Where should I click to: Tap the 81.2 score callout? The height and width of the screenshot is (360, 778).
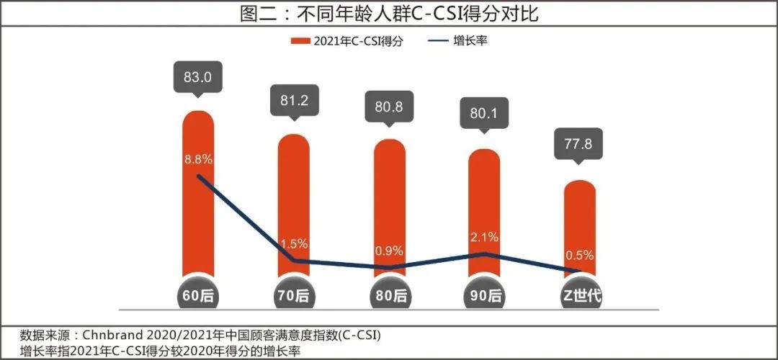(x=293, y=102)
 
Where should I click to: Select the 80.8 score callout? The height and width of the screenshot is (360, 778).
(x=389, y=105)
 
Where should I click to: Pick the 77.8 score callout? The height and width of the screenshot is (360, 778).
(x=579, y=145)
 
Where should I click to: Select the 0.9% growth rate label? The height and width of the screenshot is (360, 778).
(x=389, y=252)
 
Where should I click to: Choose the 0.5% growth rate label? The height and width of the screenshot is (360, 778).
(x=579, y=255)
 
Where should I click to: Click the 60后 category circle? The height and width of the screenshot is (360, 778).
(x=198, y=295)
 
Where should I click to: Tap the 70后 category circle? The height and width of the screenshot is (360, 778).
(x=293, y=295)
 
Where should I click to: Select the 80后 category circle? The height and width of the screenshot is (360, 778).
(x=389, y=295)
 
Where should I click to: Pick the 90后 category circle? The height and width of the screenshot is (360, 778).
(x=484, y=295)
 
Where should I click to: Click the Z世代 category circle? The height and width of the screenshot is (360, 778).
(x=579, y=295)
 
